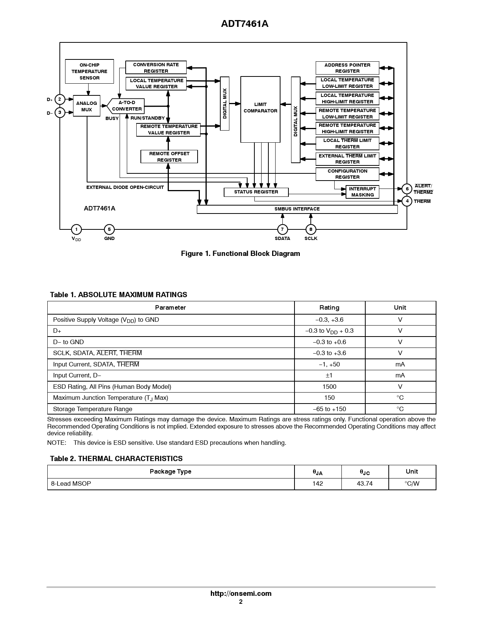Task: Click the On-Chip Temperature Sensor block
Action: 89,72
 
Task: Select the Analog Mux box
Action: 86,106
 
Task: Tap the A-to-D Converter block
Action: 126,106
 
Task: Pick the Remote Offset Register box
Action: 169,157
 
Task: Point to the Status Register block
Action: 256,192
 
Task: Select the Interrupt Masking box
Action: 362,192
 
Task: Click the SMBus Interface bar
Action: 297,209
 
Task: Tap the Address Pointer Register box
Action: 347,68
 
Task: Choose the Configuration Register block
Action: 347,174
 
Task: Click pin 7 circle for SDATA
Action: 282,229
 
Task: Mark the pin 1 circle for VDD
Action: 76,229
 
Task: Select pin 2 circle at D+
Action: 60,100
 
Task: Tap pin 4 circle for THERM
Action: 407,201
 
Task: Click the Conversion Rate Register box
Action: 156,68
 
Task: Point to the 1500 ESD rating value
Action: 329,387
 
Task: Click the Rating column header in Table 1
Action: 329,308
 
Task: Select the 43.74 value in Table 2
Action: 365,483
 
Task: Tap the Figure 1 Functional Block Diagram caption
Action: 240,254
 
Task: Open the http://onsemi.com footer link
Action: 241,594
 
